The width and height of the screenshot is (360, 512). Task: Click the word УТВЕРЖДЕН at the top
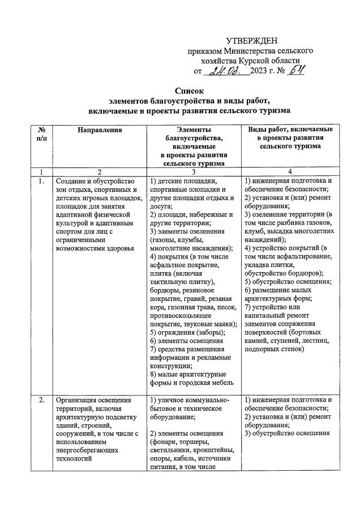[x=252, y=41]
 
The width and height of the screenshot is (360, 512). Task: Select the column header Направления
[x=100, y=130]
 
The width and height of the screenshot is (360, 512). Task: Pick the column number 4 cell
[x=289, y=171]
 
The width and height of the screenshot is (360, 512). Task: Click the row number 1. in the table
[x=41, y=182]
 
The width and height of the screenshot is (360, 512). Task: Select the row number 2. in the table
[x=41, y=401]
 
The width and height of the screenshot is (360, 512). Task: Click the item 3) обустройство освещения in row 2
[x=287, y=433]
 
